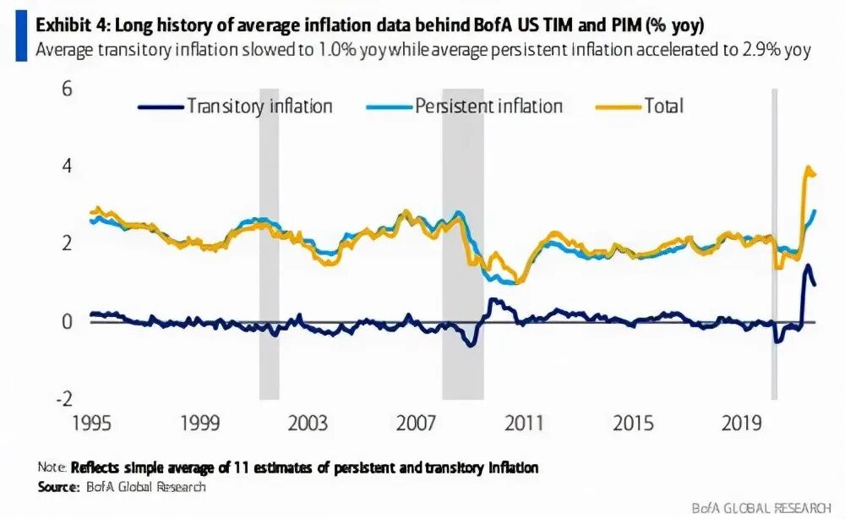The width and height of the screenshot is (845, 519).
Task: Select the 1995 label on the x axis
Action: tap(92, 423)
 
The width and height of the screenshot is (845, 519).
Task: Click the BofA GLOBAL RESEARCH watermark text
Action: tap(760, 507)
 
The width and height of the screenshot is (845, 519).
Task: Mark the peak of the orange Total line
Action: tap(808, 168)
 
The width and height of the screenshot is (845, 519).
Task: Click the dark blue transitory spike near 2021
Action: tap(808, 267)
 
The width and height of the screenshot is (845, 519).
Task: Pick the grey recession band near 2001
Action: tap(269, 243)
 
